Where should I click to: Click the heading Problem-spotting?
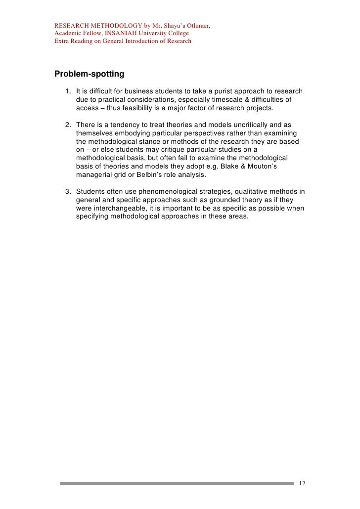click(x=89, y=74)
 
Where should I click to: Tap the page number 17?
click(x=303, y=483)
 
